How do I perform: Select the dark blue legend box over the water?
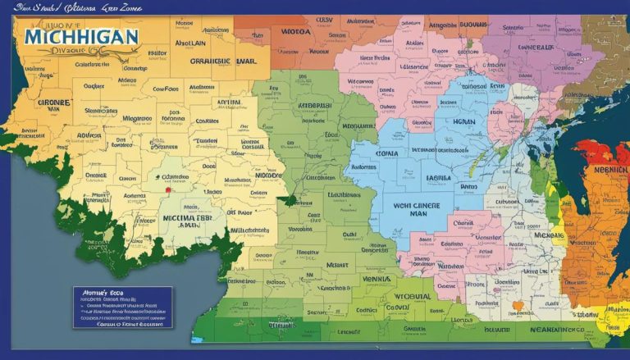122,307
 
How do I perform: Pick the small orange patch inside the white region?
517,306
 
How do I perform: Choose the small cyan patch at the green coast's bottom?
196,338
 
